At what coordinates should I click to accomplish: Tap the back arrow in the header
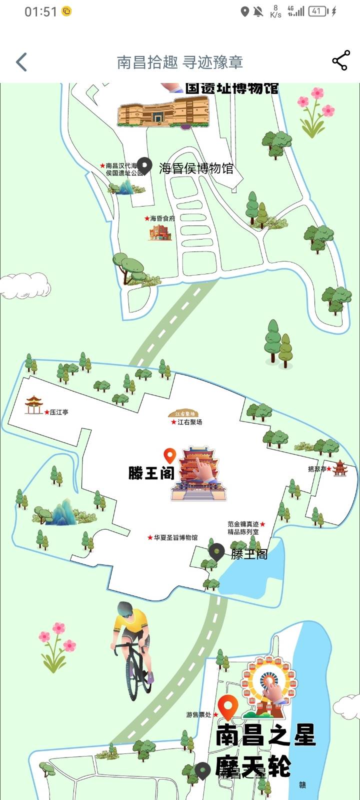click(x=21, y=62)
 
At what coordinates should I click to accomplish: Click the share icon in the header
click(x=340, y=61)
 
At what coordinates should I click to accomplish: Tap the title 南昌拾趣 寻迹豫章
click(x=180, y=62)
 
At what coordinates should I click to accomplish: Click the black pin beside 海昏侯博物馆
click(x=144, y=165)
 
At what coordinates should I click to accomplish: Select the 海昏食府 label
click(x=162, y=218)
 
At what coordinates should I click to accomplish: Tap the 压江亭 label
click(x=59, y=412)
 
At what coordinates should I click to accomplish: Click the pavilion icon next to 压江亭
click(x=34, y=404)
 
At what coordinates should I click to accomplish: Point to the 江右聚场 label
click(x=189, y=422)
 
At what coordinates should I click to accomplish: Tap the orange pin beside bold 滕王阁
click(x=170, y=455)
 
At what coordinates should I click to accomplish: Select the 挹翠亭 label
click(x=317, y=469)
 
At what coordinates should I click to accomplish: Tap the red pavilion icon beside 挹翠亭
click(x=340, y=468)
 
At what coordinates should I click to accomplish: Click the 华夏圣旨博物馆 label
click(x=175, y=537)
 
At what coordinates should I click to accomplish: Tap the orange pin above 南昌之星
click(x=228, y=706)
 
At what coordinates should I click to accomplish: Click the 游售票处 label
click(x=199, y=715)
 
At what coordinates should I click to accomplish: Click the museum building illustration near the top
click(x=163, y=111)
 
